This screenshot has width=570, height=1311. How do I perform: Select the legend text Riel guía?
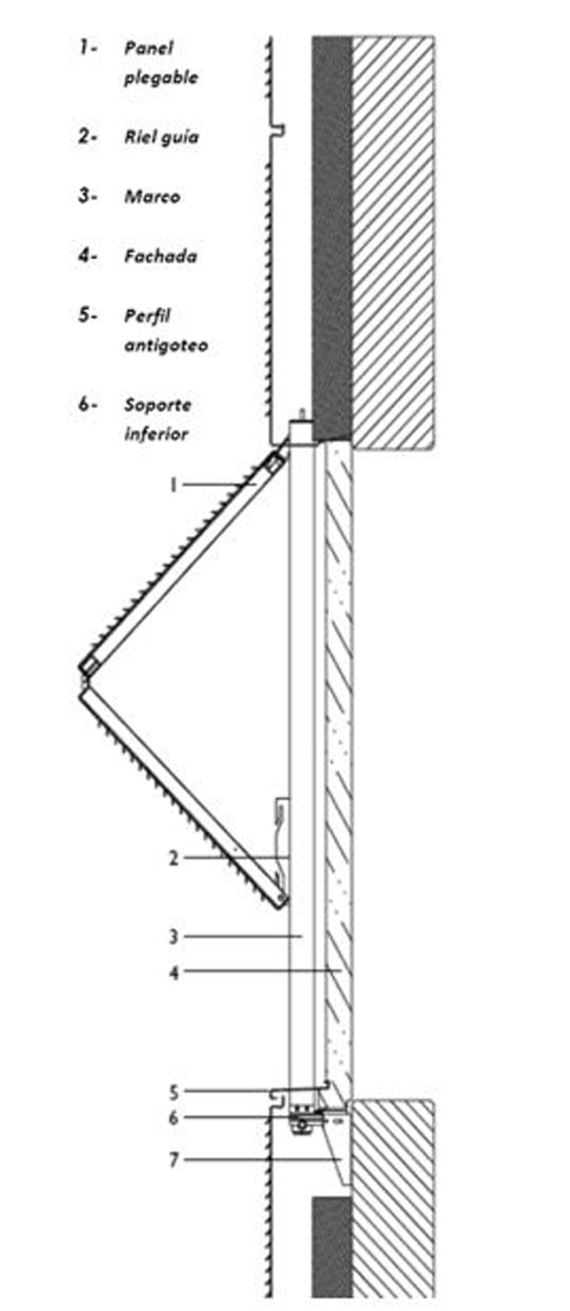(x=161, y=137)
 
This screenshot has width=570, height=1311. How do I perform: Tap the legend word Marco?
(x=152, y=197)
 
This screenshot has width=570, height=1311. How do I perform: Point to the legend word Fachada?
(x=161, y=256)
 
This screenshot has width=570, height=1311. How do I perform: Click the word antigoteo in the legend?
(x=166, y=345)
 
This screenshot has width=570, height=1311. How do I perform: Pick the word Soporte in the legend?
(x=157, y=405)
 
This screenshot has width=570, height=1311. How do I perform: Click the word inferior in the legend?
(x=156, y=434)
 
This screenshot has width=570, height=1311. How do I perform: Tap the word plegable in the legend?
(x=161, y=78)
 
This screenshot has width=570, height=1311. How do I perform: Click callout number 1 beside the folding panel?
(x=174, y=485)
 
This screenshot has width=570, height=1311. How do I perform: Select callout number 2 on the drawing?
(x=174, y=858)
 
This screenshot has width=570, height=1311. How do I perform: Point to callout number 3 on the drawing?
(x=174, y=937)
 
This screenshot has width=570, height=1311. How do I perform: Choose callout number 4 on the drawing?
(x=174, y=972)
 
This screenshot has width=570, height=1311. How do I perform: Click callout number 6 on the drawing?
(x=174, y=1118)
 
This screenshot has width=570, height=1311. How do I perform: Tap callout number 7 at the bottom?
(x=174, y=1160)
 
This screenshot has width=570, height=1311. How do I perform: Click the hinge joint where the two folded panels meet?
(x=84, y=677)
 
